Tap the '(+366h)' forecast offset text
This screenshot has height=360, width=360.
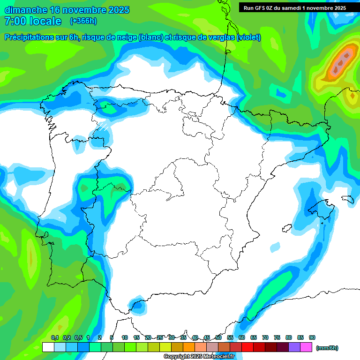(83, 21)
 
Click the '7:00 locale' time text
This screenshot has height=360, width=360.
(33, 21)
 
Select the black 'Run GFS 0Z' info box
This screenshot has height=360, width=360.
(295, 7)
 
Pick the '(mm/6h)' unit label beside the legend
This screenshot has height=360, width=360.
(327, 348)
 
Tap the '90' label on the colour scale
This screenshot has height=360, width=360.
(312, 337)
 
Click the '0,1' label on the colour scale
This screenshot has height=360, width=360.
(55, 337)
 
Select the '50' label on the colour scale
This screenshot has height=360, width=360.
(218, 337)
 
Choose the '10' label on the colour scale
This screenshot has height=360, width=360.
(125, 337)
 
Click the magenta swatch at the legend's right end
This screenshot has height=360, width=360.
(306, 347)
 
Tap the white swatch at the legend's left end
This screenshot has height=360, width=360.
(48, 347)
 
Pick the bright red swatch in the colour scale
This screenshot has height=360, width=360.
(247, 347)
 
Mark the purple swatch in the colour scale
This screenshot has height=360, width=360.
(294, 347)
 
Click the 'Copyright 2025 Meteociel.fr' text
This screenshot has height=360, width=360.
(199, 357)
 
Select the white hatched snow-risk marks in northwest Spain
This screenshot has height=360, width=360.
(103, 126)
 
